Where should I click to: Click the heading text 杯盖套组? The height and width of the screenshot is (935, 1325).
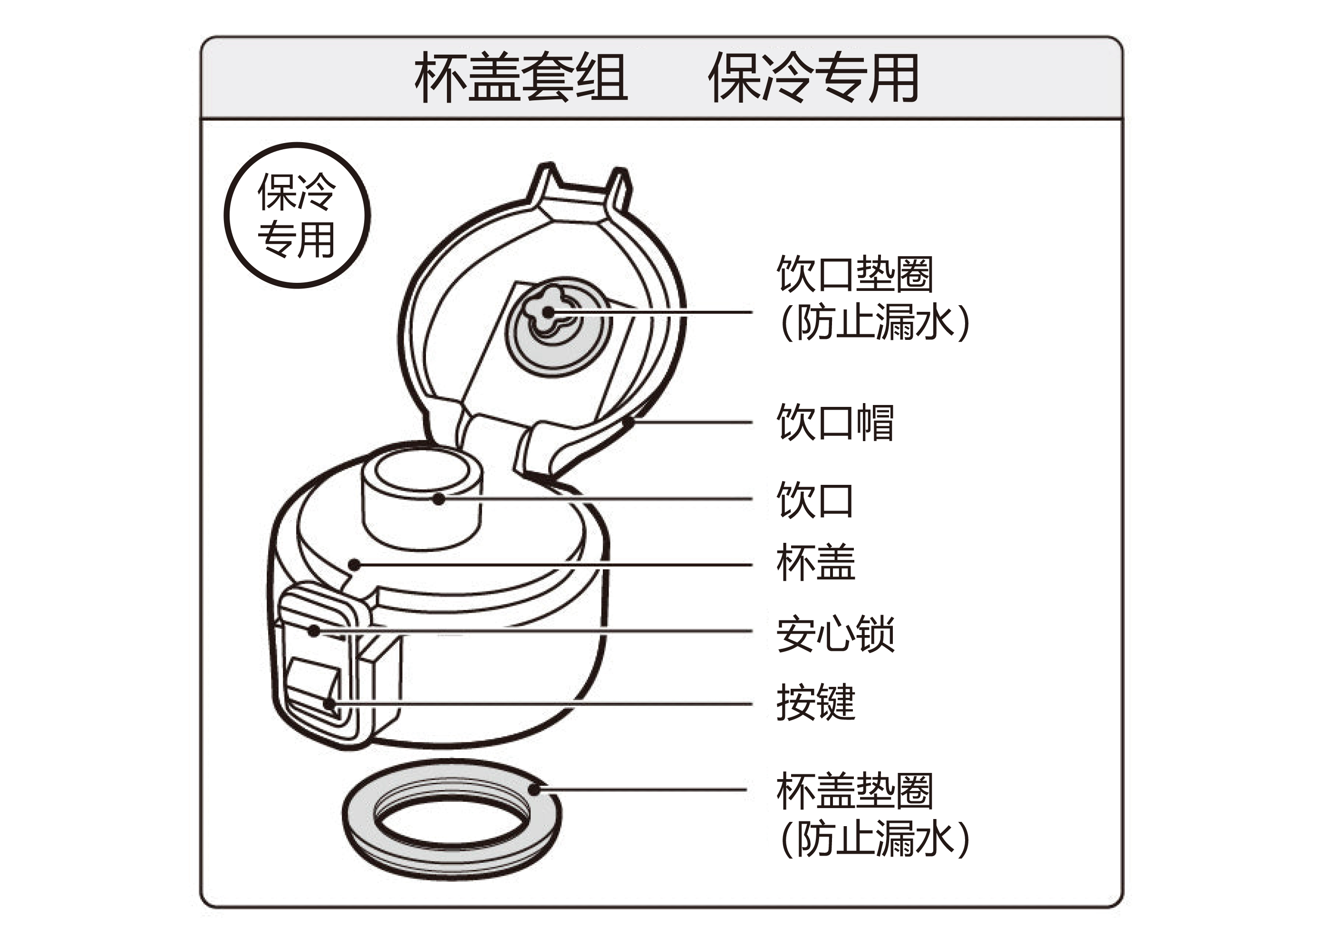click(521, 77)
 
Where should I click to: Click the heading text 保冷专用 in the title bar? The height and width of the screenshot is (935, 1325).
click(814, 77)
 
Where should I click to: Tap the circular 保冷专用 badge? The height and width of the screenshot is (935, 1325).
click(297, 215)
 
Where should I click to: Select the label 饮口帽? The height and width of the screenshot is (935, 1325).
click(835, 423)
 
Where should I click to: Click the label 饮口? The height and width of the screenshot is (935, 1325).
click(815, 500)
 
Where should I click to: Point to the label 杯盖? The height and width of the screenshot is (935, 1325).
click(815, 562)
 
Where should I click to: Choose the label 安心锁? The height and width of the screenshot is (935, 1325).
click(835, 634)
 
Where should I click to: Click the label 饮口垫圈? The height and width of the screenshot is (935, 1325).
click(854, 274)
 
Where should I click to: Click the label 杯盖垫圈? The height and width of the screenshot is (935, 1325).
click(854, 790)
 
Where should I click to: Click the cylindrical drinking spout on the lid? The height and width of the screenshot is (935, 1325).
click(422, 514)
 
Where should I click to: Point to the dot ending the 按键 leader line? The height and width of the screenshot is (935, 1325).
click(329, 704)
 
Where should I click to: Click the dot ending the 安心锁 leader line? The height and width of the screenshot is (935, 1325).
click(314, 631)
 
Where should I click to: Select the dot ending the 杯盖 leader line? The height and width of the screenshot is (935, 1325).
click(356, 564)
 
